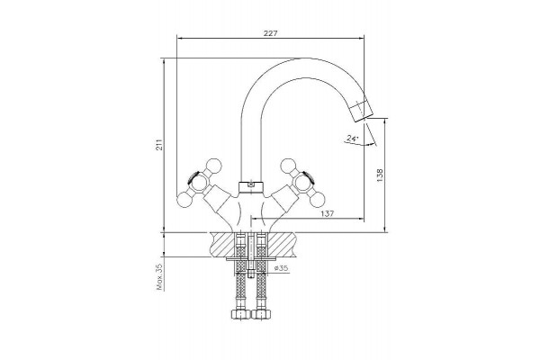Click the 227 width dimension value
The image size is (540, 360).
[x=270, y=33]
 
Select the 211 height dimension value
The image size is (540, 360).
[x=158, y=145]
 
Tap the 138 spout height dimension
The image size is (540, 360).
[x=380, y=175]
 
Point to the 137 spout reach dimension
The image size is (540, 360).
[x=328, y=213]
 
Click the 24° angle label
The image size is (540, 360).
[x=352, y=139]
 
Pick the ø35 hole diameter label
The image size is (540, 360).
[x=281, y=268]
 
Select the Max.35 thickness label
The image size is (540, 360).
[x=159, y=278]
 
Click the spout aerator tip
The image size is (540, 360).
[x=362, y=110]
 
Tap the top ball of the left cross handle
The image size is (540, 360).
[x=213, y=166]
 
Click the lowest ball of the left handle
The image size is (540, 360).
[x=184, y=200]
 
